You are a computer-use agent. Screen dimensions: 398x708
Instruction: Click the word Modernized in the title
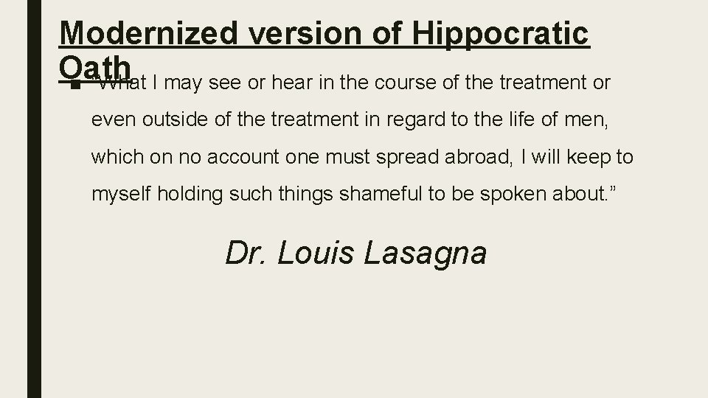pyautogui.click(x=148, y=34)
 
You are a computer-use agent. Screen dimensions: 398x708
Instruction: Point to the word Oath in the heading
pyautogui.click(x=96, y=67)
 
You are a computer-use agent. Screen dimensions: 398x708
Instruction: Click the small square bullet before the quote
pyautogui.click(x=74, y=83)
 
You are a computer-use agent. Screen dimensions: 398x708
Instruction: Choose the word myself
pyautogui.click(x=122, y=195)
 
